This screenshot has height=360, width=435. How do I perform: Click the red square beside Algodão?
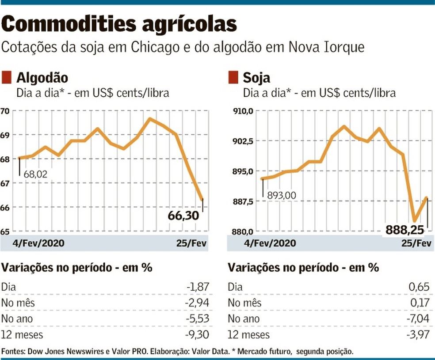[7, 78]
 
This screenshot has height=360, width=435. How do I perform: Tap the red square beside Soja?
[233, 78]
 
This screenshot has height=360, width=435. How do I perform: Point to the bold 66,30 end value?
[183, 216]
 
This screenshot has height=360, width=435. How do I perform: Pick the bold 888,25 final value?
[404, 230]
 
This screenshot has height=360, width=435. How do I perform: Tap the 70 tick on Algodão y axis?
[5, 111]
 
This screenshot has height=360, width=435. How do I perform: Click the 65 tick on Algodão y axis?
[5, 231]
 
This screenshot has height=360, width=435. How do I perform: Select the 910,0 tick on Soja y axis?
[243, 111]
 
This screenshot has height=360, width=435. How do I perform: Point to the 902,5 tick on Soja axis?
[243, 141]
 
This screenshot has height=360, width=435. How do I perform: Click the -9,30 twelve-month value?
[197, 335]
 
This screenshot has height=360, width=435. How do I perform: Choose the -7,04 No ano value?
[418, 319]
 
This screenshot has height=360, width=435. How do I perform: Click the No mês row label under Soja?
[244, 303]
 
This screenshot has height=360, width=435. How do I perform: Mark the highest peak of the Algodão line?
[150, 118]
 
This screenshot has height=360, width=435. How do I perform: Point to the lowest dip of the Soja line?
[415, 221]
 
